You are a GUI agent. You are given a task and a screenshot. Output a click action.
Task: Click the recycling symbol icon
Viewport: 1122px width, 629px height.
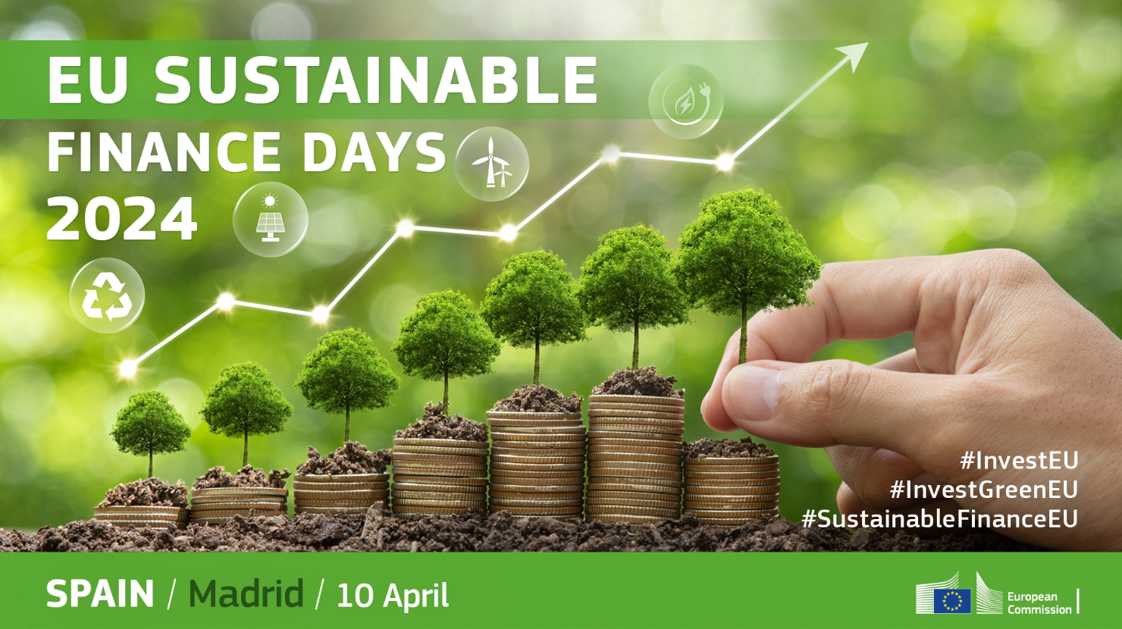(107, 296)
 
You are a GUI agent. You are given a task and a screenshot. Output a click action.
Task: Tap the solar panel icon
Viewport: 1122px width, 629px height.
(271, 219)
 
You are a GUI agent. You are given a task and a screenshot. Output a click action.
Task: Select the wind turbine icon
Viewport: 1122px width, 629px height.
(491, 164)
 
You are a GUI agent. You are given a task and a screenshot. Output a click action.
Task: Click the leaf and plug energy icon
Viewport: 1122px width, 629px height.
(686, 101)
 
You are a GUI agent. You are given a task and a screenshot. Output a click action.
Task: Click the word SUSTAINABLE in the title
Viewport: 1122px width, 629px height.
(376, 80)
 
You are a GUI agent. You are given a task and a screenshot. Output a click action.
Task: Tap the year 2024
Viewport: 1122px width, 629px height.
(122, 218)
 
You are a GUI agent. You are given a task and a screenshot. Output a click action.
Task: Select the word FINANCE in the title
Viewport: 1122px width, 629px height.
(164, 152)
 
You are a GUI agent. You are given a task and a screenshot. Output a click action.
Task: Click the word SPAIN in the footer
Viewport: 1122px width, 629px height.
(99, 594)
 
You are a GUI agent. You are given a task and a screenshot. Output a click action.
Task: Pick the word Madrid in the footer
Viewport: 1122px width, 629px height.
(246, 593)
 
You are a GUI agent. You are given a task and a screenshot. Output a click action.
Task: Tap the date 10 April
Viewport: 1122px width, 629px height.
(393, 596)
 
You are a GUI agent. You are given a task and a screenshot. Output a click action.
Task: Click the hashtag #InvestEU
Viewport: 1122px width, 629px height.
(1019, 461)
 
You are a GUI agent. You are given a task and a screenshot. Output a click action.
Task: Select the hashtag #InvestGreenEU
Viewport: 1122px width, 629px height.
(984, 490)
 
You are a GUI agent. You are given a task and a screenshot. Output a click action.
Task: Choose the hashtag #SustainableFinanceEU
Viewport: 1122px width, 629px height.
(940, 519)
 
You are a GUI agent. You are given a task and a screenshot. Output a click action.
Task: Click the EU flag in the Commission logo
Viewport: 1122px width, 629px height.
(952, 600)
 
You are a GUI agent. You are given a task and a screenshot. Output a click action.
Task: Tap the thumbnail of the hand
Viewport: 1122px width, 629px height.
(751, 393)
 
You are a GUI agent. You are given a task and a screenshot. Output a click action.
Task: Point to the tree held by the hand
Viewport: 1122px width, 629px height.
(746, 271)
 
